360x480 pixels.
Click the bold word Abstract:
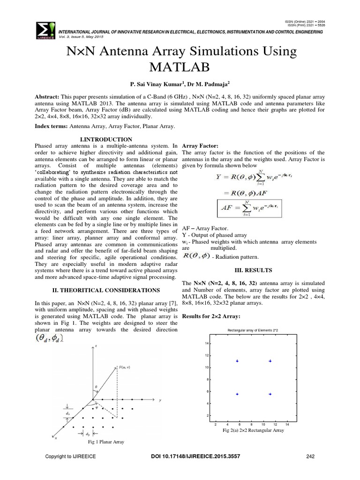pos(50,96)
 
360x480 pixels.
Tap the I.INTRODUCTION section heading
pos(106,139)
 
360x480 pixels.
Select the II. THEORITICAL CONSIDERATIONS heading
pos(106,291)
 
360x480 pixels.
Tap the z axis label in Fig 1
pos(96,345)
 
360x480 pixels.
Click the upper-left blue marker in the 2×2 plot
pos(238,361)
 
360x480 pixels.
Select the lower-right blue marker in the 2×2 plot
pos(270,394)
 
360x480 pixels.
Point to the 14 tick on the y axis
pos(208,344)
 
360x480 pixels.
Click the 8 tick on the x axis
pos(251,424)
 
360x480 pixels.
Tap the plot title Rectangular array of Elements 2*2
pos(252,331)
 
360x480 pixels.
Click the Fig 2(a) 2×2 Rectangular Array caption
pos(253,430)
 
